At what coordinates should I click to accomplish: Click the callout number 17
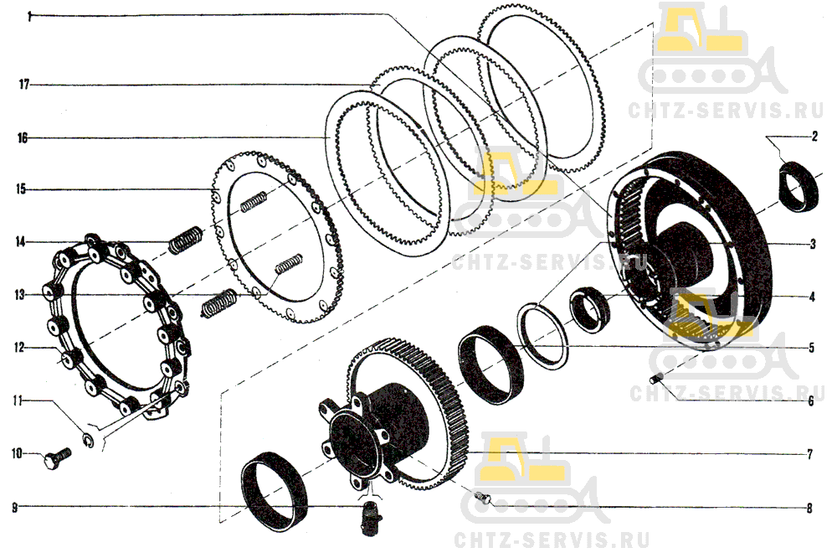(24, 84)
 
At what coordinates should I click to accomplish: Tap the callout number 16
(24, 137)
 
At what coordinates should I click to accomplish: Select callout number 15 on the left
(24, 190)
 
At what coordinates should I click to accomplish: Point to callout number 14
(20, 243)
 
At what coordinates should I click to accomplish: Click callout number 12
(20, 347)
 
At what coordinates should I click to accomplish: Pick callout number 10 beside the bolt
(17, 454)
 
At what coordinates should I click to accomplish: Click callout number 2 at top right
(814, 136)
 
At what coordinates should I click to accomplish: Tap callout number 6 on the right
(811, 400)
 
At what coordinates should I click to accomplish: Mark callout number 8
(809, 507)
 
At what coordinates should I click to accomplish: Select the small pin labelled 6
(659, 379)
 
